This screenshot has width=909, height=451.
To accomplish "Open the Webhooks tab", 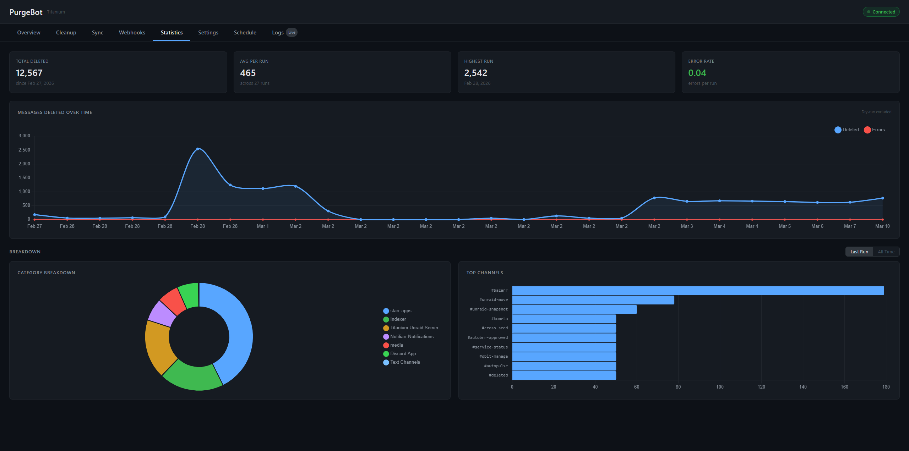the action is coord(132,33).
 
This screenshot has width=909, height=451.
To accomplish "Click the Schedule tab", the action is coord(245,33).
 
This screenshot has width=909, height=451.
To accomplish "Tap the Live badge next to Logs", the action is coord(292,32).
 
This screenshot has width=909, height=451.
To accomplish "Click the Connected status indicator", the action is coord(881,12).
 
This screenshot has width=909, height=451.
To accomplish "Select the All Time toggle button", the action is coord(886,252).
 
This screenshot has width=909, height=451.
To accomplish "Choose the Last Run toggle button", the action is coord(859,252).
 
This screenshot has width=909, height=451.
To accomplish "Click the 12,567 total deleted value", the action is coord(29,73).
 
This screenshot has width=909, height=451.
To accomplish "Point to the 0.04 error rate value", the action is coord(697,73).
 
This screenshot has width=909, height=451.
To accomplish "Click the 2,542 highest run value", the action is coord(475,73).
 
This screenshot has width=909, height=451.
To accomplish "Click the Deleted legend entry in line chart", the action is coord(847,130).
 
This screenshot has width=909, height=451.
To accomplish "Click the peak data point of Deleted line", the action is coord(198,149).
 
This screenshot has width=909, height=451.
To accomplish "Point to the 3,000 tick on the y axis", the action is coord(25,136).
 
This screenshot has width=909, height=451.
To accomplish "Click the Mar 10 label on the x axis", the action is coord(882,226).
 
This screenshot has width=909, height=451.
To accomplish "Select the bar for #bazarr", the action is coord(698,291).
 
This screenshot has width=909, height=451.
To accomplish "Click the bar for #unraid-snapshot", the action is coord(574,309).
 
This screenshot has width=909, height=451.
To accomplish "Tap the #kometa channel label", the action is coord(499,319).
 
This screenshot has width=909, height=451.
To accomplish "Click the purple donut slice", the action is coord(162,314).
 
